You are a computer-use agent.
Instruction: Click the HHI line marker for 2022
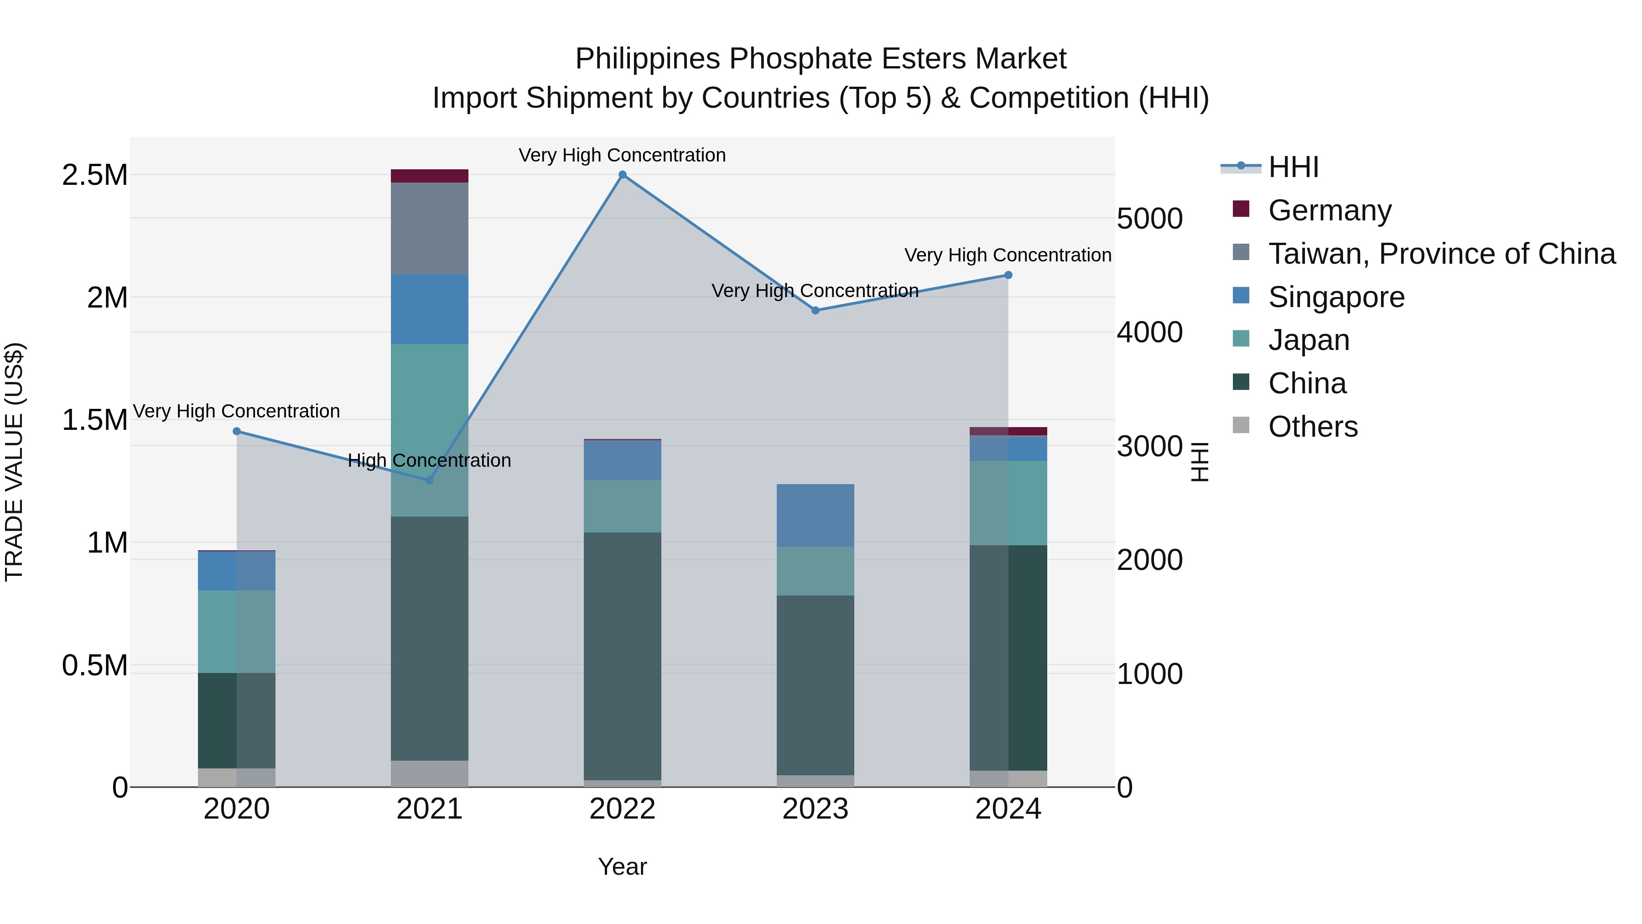pyautogui.click(x=623, y=175)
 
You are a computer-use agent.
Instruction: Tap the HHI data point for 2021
pyautogui.click(x=430, y=480)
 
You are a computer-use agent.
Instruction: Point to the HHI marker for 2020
pyautogui.click(x=237, y=432)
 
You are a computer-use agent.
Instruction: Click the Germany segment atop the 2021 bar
pyautogui.click(x=430, y=176)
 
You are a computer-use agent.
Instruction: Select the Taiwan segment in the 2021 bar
pyautogui.click(x=430, y=228)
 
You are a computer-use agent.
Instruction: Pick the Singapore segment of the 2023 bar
pyautogui.click(x=815, y=515)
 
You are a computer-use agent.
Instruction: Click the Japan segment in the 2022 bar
pyautogui.click(x=623, y=506)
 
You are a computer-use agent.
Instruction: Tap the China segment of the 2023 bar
pyautogui.click(x=815, y=685)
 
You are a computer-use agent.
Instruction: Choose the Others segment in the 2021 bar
pyautogui.click(x=430, y=773)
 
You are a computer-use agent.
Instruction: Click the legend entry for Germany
pyautogui.click(x=1330, y=210)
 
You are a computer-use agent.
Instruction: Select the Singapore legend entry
pyautogui.click(x=1336, y=297)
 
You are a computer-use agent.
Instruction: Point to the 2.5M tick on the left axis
pyautogui.click(x=95, y=175)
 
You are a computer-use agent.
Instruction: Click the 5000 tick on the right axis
pyautogui.click(x=1150, y=219)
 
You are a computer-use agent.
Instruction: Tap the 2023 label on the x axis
pyautogui.click(x=815, y=809)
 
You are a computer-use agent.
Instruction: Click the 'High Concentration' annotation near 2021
pyautogui.click(x=430, y=460)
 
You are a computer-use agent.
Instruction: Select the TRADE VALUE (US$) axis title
pyautogui.click(x=14, y=462)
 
